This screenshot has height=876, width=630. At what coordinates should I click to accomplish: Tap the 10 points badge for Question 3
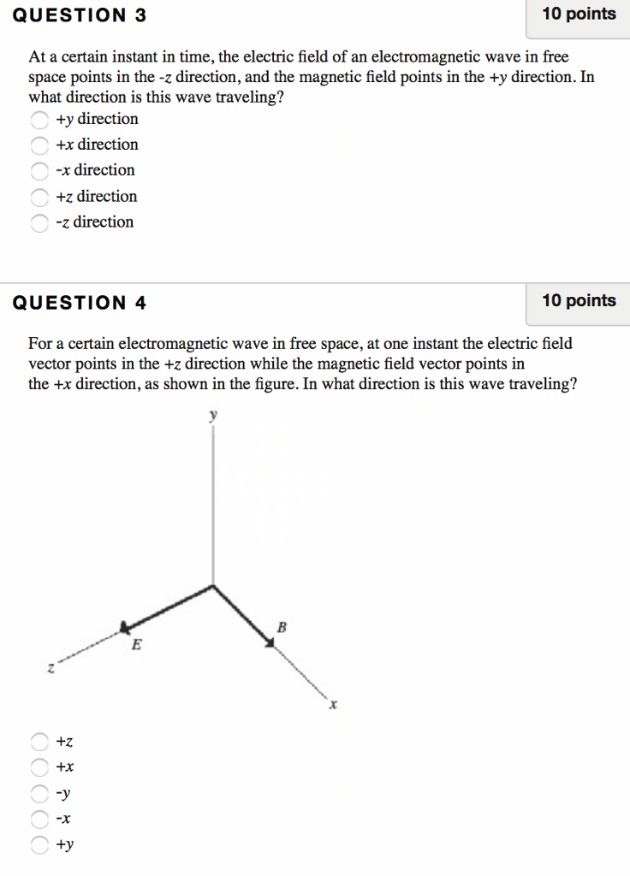[x=579, y=15]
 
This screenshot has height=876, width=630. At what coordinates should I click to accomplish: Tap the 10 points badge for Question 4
[x=579, y=301]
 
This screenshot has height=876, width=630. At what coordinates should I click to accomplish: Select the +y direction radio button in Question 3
[x=39, y=120]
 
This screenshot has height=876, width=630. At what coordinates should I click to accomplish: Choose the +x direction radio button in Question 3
[x=39, y=145]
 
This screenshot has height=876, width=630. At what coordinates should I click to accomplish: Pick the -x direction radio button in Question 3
[x=39, y=171]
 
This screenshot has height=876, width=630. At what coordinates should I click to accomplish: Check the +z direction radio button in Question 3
[x=39, y=198]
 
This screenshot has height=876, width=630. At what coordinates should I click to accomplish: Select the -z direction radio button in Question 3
[x=39, y=223]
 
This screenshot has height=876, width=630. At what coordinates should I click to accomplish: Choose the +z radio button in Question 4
[x=39, y=741]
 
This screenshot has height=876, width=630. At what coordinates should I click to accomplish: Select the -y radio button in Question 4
[x=39, y=793]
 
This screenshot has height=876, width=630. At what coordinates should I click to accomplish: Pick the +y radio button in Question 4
[x=39, y=845]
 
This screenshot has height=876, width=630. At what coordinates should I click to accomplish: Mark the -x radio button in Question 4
[x=39, y=820]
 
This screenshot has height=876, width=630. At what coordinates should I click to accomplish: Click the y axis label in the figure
[x=214, y=416]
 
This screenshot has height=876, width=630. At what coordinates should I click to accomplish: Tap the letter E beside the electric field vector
[x=135, y=647]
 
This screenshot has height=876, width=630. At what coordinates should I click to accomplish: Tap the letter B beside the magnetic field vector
[x=281, y=629]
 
